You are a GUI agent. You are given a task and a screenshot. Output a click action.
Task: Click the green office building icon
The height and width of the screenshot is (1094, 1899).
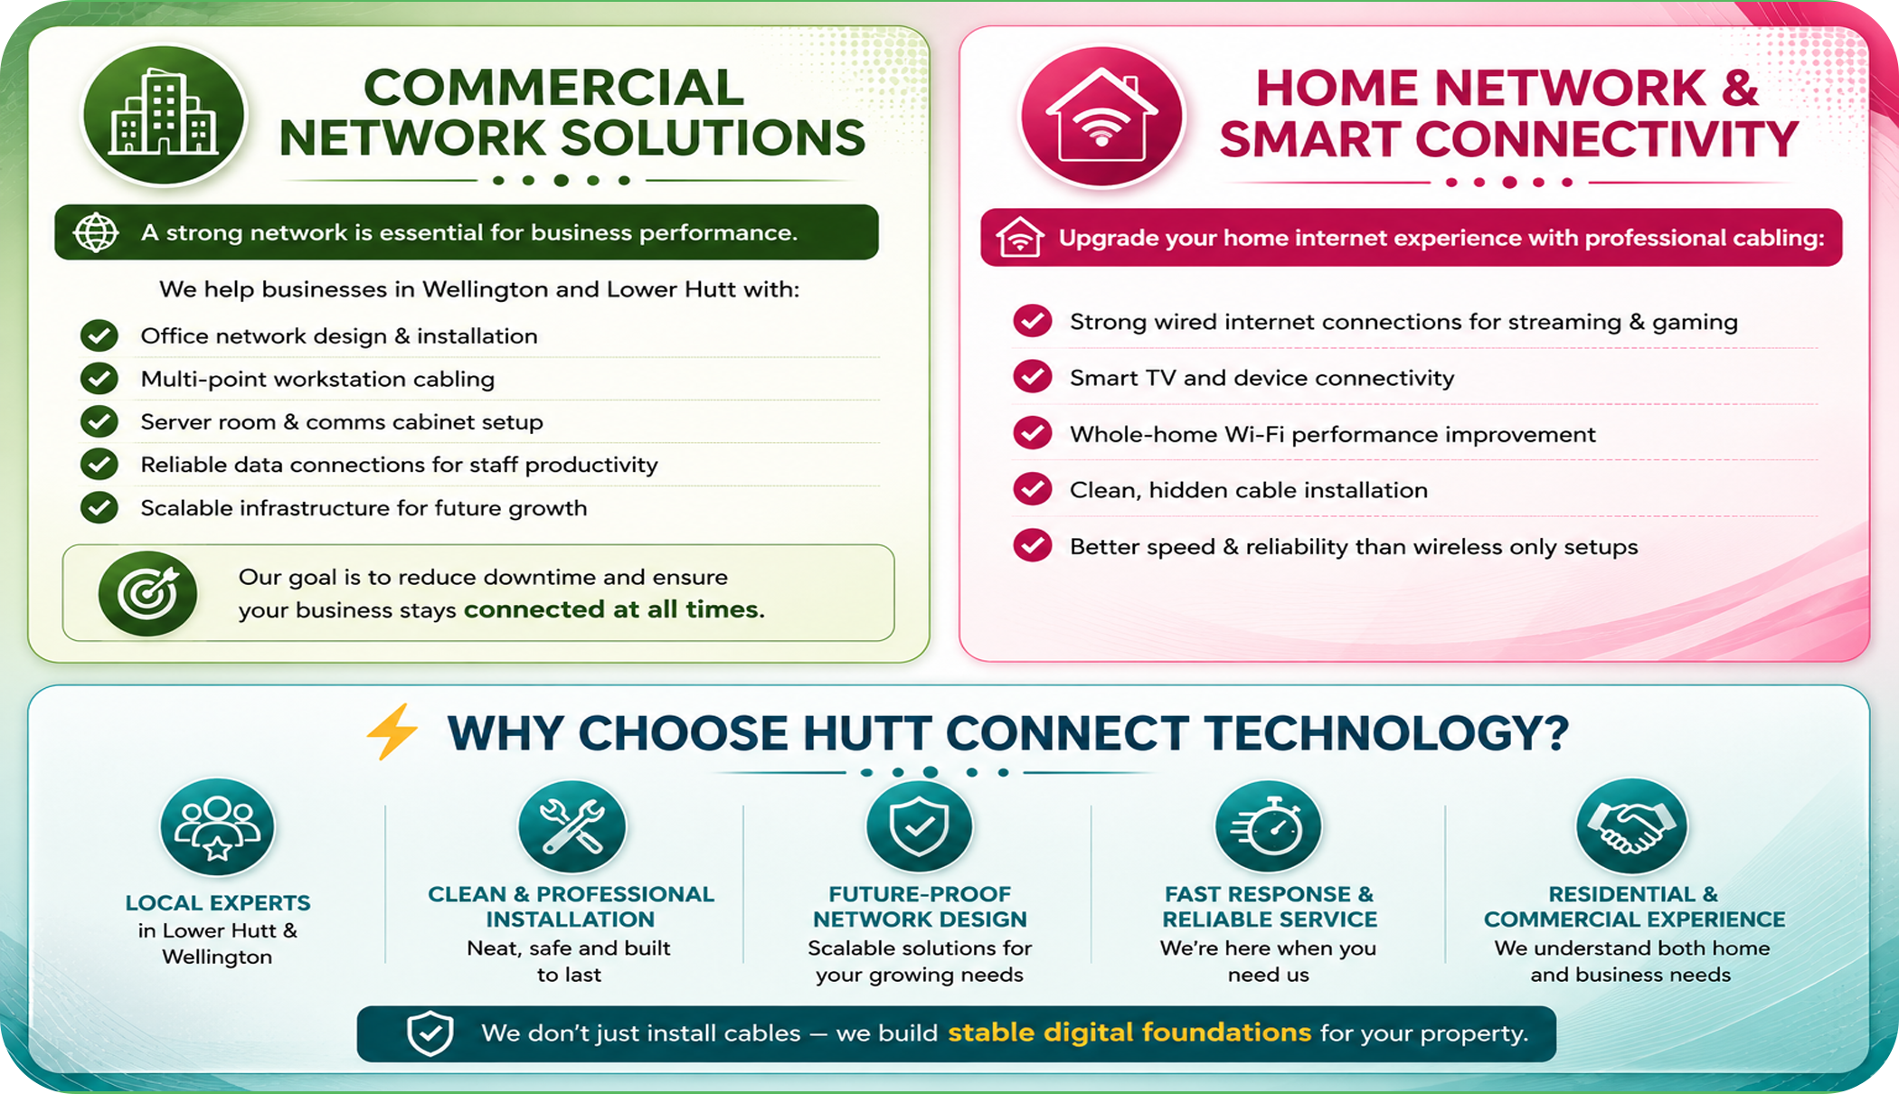(x=164, y=116)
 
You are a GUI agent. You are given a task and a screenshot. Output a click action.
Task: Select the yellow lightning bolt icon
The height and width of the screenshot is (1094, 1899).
(x=392, y=731)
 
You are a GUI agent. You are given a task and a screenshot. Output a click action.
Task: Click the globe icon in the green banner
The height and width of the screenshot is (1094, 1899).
(x=96, y=233)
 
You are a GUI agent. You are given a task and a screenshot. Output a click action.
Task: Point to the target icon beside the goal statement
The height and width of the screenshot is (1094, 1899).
(x=147, y=593)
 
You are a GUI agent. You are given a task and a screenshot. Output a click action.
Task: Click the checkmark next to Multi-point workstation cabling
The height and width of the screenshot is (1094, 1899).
(x=99, y=379)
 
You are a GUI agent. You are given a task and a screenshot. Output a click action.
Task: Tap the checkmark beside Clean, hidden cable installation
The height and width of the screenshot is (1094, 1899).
(x=1032, y=489)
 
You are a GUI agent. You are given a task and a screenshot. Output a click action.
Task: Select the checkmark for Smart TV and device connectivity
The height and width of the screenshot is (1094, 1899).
(x=1032, y=377)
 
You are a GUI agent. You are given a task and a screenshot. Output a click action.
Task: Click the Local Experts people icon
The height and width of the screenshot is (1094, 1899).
(x=217, y=827)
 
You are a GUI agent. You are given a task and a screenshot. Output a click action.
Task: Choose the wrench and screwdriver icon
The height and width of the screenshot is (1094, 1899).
(x=572, y=827)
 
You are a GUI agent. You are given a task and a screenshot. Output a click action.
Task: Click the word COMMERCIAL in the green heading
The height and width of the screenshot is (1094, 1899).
(x=553, y=88)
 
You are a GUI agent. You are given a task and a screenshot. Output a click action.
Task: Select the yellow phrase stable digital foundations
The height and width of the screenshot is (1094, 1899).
(x=1129, y=1033)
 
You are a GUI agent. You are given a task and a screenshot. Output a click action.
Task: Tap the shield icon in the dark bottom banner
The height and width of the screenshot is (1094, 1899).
(x=430, y=1033)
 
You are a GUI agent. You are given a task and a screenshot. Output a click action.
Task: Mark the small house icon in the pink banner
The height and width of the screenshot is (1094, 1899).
(x=1020, y=237)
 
